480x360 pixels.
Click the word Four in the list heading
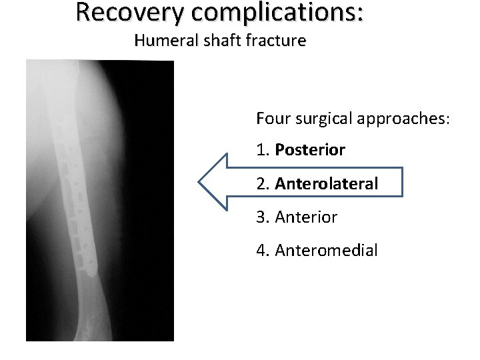(270, 119)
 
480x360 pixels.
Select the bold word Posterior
(309, 151)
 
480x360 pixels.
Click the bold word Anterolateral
(326, 183)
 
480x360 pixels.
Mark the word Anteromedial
(326, 251)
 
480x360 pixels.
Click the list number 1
(261, 151)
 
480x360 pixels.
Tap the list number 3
(261, 217)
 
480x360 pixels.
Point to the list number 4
(261, 251)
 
